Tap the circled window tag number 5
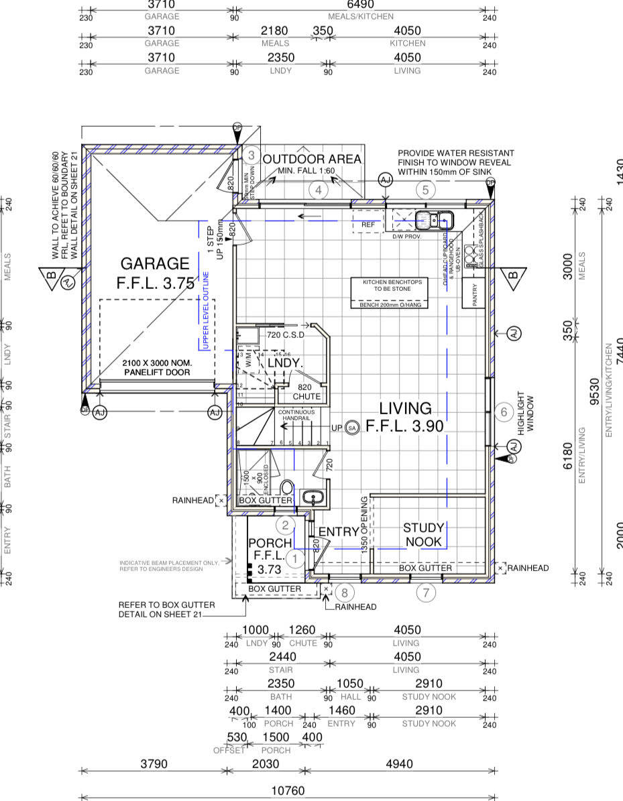pos(425,190)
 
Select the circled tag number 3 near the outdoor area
pos(251,156)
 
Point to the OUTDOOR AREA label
pos(312,160)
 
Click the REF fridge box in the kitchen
pos(367,225)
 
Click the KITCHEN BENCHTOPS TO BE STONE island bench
pos(392,293)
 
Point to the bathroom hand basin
pos(310,497)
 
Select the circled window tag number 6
pos(504,412)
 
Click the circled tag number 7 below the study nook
pos(426,592)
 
